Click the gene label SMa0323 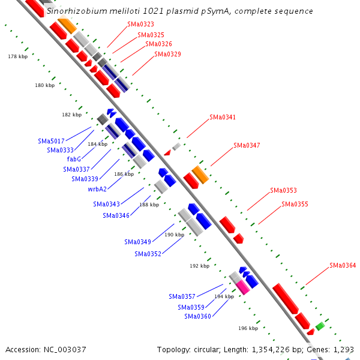(x=140, y=25)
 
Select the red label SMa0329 (x=167, y=54)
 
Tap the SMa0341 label (x=223, y=117)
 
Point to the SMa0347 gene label (x=247, y=145)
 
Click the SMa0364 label (x=343, y=265)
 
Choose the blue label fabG (x=74, y=159)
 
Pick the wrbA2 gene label (x=97, y=189)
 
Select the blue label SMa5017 (x=51, y=141)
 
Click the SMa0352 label (x=148, y=254)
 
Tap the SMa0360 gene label (x=197, y=316)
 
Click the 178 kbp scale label (x=17, y=56)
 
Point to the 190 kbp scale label (x=174, y=235)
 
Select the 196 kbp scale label (x=248, y=328)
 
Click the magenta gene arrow (x=242, y=287)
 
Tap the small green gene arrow (x=320, y=326)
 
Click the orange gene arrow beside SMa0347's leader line (x=200, y=175)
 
